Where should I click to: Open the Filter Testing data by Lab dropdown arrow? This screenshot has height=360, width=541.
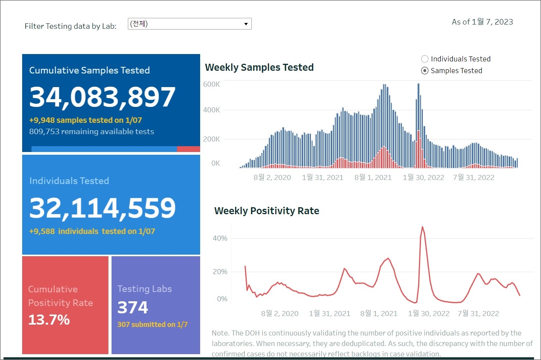(x=246, y=24)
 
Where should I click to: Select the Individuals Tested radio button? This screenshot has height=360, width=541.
(x=425, y=59)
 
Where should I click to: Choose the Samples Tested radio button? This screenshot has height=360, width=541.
(x=425, y=71)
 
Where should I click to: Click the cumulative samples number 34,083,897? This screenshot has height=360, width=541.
(x=102, y=97)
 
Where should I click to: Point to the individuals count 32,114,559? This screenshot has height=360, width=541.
(x=102, y=208)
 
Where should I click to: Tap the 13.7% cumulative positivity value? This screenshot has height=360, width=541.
(x=49, y=320)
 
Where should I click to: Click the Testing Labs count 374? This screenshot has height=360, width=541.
(x=133, y=308)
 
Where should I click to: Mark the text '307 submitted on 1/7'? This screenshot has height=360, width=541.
(x=152, y=324)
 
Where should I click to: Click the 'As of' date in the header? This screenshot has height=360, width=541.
(x=482, y=22)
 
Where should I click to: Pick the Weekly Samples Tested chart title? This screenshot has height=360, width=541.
(x=259, y=67)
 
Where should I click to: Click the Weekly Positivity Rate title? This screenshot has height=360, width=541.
(x=267, y=211)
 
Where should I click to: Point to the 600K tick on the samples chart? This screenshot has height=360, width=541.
(x=211, y=84)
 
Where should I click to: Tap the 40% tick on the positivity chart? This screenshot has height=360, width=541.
(x=220, y=238)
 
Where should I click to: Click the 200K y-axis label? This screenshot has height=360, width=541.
(x=211, y=139)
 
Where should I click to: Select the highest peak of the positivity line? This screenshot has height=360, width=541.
(x=422, y=227)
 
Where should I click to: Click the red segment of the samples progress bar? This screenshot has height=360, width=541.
(x=188, y=149)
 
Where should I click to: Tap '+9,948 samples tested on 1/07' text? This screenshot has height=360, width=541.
(x=86, y=120)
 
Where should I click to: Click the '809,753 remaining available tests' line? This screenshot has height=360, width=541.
(x=92, y=131)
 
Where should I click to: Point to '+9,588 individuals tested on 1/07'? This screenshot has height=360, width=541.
(x=92, y=231)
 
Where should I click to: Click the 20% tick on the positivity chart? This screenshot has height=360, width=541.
(x=220, y=272)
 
